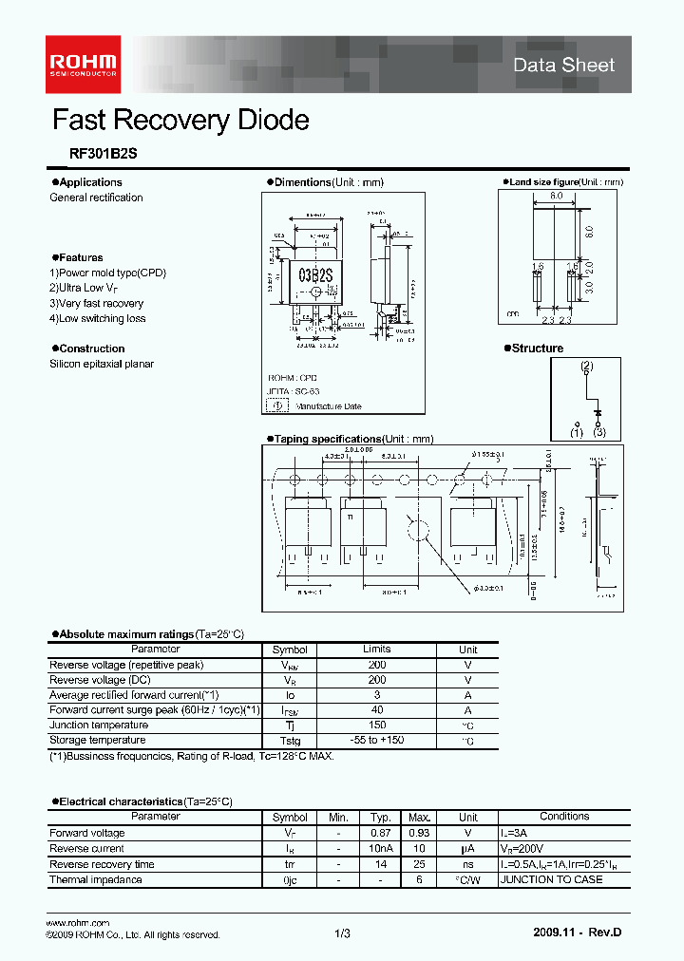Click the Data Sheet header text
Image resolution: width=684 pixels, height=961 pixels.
pyautogui.click(x=563, y=66)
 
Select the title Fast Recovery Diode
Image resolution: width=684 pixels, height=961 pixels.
pyautogui.click(x=180, y=121)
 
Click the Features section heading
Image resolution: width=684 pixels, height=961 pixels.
pyautogui.click(x=80, y=257)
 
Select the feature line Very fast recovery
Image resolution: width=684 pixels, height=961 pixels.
pyautogui.click(x=96, y=303)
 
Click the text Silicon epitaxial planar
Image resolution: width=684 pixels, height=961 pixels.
pyautogui.click(x=102, y=364)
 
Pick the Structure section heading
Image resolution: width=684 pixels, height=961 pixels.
pyautogui.click(x=537, y=349)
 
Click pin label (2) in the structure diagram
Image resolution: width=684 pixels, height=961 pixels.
pyautogui.click(x=586, y=367)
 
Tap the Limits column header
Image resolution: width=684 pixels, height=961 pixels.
pyautogui.click(x=376, y=649)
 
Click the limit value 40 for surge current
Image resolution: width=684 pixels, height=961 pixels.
pyautogui.click(x=376, y=709)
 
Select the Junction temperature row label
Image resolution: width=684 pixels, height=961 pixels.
pyautogui.click(x=96, y=725)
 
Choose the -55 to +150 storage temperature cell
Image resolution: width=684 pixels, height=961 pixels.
pyautogui.click(x=376, y=740)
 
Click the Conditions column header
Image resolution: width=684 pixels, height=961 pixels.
pyautogui.click(x=564, y=816)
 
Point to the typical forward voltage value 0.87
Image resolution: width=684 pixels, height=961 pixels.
pyautogui.click(x=381, y=833)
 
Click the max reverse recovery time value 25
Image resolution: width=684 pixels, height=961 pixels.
pyautogui.click(x=421, y=864)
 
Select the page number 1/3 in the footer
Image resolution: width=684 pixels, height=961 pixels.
pyautogui.click(x=343, y=934)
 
